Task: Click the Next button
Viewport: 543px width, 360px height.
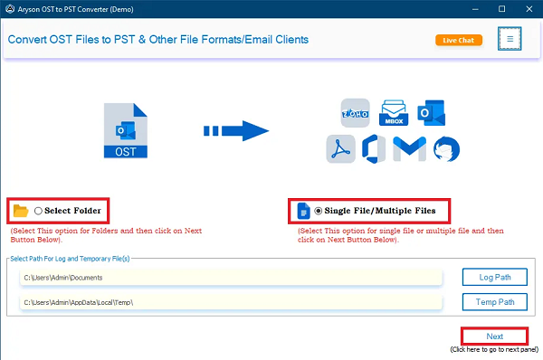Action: (494, 336)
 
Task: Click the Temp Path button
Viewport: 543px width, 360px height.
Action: (494, 301)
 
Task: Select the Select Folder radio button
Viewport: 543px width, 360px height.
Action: (39, 211)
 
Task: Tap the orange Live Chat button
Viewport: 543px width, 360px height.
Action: (458, 40)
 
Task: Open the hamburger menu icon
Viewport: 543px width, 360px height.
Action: (510, 40)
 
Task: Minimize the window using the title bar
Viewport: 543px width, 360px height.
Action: (477, 8)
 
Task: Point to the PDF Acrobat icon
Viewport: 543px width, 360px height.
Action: (341, 148)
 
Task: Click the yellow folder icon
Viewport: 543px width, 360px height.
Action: (21, 212)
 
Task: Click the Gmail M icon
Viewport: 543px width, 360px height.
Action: (412, 148)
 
